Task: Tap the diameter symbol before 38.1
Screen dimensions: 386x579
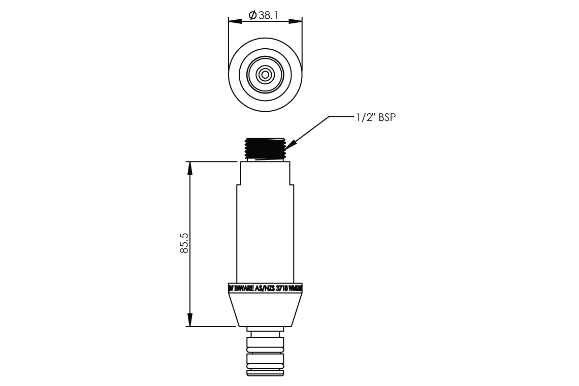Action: [x=252, y=16]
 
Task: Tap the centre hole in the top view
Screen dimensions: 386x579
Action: [x=265, y=74]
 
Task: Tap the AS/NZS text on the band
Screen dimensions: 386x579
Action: [x=268, y=288]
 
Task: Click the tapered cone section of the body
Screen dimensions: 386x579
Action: [x=265, y=310]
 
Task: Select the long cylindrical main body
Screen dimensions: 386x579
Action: [x=265, y=234]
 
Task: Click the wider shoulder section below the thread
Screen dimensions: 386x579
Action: [x=265, y=173]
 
